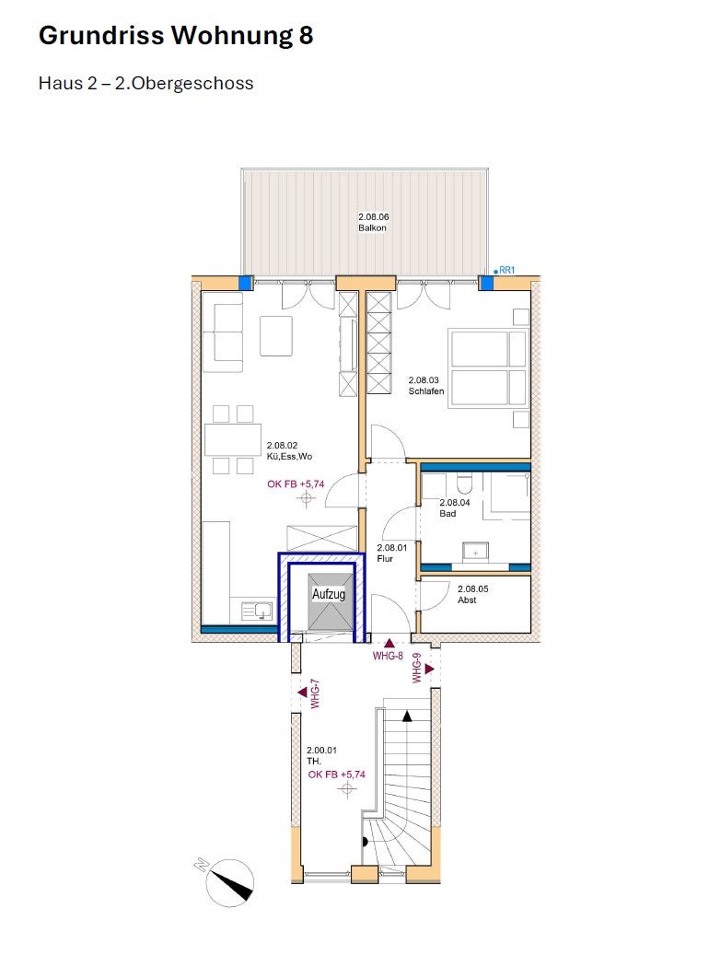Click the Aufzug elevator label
[328, 594]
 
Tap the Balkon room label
[372, 227]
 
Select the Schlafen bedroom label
[426, 391]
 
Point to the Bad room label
[447, 513]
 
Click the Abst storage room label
[467, 600]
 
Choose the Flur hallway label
[385, 558]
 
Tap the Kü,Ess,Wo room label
[289, 457]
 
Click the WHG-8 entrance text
[388, 656]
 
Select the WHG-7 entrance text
[315, 693]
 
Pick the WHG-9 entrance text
[417, 668]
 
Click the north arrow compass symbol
[228, 882]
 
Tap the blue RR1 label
[506, 270]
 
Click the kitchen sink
[257, 612]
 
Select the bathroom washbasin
[475, 552]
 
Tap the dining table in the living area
[233, 439]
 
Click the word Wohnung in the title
[232, 36]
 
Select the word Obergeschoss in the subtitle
[192, 83]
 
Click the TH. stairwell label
[314, 761]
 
